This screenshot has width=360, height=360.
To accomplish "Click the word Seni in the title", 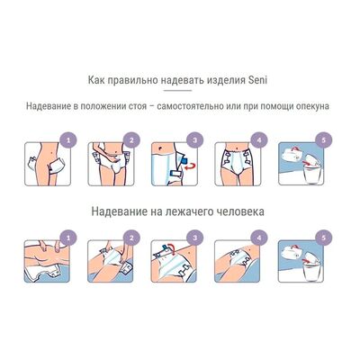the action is (x=258, y=80).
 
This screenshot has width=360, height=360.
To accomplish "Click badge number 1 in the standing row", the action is (x=68, y=140).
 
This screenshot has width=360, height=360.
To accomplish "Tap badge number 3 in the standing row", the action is (x=195, y=140).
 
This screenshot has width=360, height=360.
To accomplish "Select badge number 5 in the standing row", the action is (x=323, y=140).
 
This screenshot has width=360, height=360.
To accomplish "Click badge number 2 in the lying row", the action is (x=131, y=238).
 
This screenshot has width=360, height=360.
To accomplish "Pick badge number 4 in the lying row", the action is (x=259, y=238).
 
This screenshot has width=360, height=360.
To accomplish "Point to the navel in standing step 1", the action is (x=53, y=152).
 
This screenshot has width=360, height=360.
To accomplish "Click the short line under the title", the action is (x=177, y=90).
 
